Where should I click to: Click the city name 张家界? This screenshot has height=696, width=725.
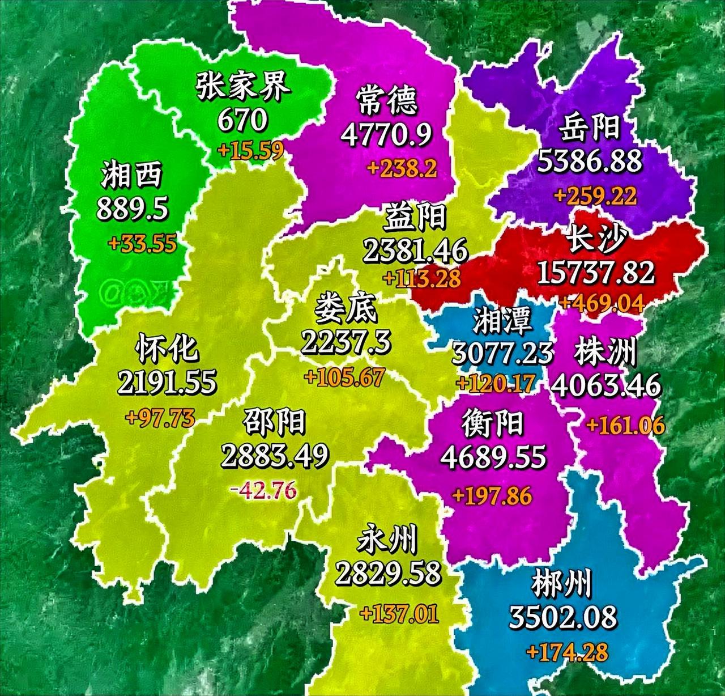[243, 87]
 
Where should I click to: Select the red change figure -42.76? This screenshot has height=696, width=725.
[263, 489]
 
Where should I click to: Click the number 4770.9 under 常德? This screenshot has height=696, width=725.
[387, 134]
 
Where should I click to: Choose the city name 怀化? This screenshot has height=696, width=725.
[167, 347]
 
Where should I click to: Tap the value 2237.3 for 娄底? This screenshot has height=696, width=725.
[346, 342]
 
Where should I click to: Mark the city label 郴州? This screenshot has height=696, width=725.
[562, 584]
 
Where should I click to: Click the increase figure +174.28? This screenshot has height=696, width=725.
[567, 651]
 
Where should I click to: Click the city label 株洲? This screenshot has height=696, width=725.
[605, 352]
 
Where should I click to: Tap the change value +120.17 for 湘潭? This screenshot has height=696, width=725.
[495, 384]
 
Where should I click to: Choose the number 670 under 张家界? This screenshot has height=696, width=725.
[242, 119]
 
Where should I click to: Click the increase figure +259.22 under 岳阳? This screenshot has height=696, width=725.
[595, 196]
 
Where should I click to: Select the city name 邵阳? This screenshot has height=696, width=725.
[274, 421]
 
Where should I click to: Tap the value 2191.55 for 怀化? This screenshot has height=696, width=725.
[167, 382]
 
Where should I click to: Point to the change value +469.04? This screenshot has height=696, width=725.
[602, 303]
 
